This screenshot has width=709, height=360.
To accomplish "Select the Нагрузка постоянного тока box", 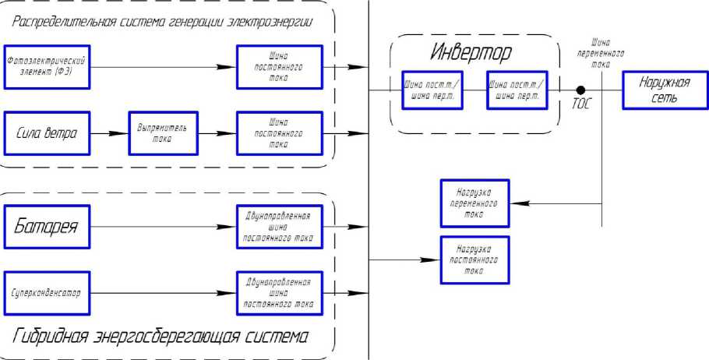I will point(474,259).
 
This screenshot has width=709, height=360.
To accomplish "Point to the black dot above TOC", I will point(580,90).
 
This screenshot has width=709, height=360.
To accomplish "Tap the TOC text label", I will point(580,104).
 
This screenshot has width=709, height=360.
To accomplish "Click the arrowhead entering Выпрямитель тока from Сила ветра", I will point(117,133).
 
